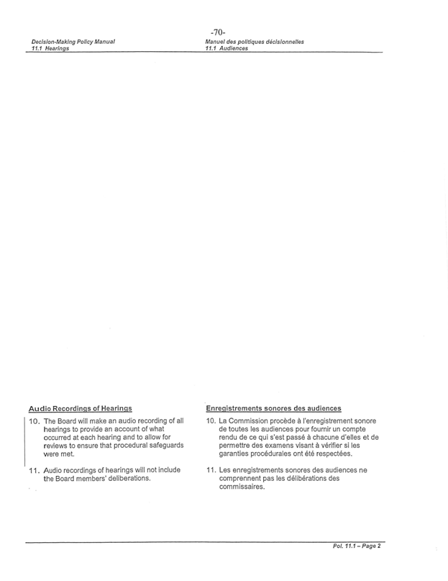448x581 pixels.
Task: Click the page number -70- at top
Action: (x=219, y=32)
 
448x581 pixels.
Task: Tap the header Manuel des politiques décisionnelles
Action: (x=254, y=42)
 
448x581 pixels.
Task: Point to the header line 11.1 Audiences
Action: (x=227, y=48)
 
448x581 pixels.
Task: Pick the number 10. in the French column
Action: (x=211, y=421)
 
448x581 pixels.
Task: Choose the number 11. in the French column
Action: (x=211, y=470)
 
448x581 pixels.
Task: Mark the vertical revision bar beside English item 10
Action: (x=25, y=439)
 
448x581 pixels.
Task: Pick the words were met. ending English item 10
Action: (x=59, y=454)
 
